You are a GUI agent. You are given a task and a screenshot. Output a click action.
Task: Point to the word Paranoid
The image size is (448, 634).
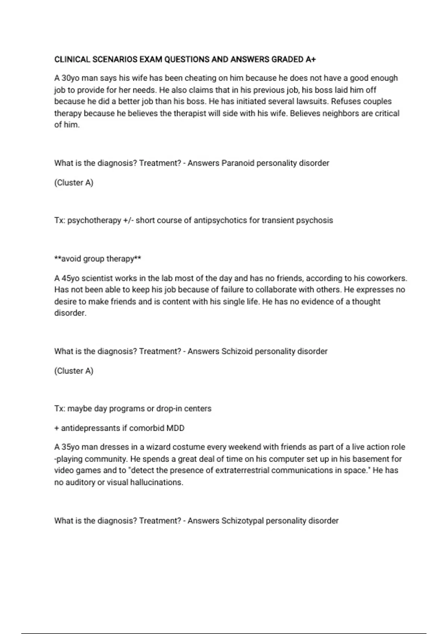point(237,163)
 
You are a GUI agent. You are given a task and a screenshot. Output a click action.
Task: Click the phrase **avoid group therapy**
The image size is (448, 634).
point(98,259)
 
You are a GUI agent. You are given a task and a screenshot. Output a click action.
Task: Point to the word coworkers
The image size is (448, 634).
point(387,278)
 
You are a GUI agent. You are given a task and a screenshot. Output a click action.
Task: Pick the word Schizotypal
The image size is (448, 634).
point(242,521)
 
